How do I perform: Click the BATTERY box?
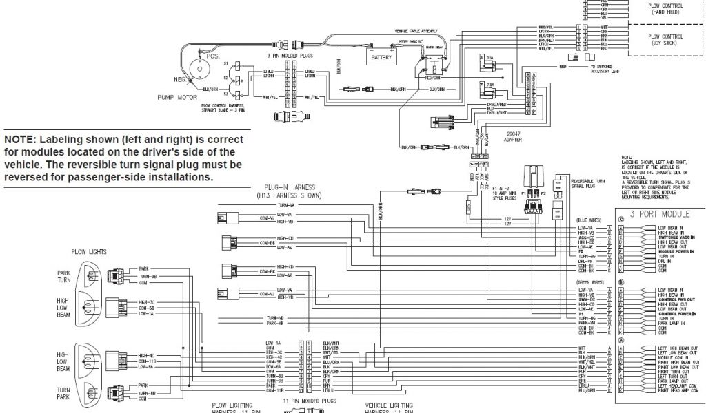381,57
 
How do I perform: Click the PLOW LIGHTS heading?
89,253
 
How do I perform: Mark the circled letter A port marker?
621,339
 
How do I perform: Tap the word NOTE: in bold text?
21,138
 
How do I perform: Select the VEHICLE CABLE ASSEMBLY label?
415,32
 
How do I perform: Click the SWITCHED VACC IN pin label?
676,236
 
